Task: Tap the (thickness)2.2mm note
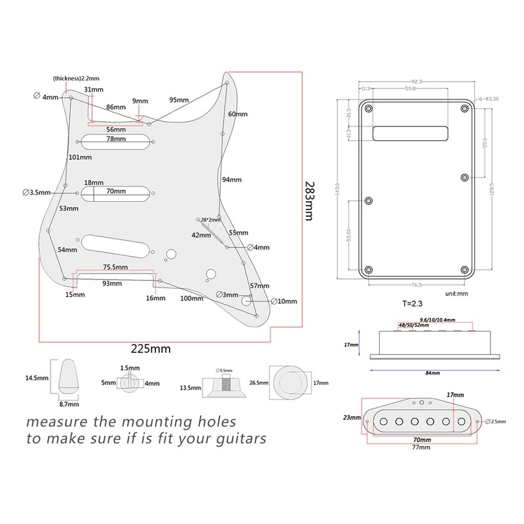(81, 79)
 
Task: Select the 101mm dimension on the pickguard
(81, 157)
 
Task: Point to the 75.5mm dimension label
(115, 267)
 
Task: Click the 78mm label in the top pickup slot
(117, 140)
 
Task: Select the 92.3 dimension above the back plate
(417, 81)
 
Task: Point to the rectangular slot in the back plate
(411, 132)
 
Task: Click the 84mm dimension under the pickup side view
(433, 372)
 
